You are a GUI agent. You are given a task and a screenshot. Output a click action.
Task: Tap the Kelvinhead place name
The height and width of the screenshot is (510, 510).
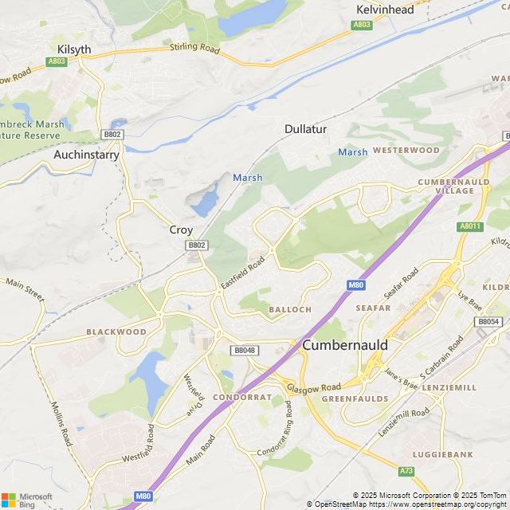coord(385,10)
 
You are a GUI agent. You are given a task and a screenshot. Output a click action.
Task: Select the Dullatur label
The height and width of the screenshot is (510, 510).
coord(306,128)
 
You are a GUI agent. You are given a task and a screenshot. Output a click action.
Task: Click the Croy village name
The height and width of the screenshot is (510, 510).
coord(181,229)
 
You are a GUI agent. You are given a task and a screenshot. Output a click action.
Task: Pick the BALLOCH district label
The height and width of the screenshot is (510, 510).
coord(290,308)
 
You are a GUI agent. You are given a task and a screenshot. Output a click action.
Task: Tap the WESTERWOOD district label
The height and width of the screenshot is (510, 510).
coord(406,150)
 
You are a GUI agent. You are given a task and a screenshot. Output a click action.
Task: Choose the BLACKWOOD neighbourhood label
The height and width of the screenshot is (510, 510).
coord(116,331)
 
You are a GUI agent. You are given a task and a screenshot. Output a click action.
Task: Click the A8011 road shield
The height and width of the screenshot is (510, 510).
coord(470,226)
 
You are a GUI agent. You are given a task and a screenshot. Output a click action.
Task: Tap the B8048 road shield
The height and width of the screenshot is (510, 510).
coord(244,350)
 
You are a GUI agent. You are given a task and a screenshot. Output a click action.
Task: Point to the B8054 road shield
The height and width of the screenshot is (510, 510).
coord(488,321)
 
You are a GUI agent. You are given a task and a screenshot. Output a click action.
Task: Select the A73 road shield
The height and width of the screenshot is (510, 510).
coord(406,471)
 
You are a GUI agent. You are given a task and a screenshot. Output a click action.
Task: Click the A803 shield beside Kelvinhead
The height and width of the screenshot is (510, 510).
coord(362,25)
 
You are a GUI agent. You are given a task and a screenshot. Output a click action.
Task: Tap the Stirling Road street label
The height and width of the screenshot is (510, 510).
coord(194,49)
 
